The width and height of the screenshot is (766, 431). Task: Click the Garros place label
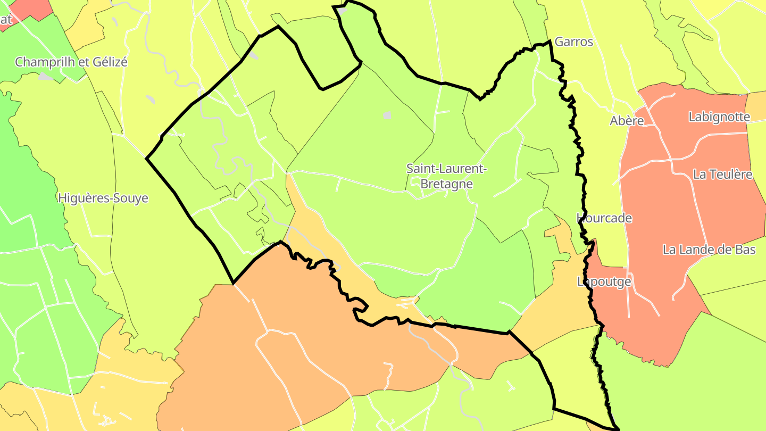pyautogui.click(x=573, y=42)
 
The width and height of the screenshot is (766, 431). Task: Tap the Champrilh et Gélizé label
pyautogui.click(x=71, y=62)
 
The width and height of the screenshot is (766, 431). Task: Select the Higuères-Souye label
pyautogui.click(x=103, y=198)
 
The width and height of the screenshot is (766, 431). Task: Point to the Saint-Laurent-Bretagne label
pyautogui.click(x=447, y=176)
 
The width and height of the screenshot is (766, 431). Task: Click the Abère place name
pyautogui.click(x=627, y=121)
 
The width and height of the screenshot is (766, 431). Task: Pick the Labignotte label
pyautogui.click(x=719, y=117)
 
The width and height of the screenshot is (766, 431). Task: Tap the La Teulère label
pyautogui.click(x=722, y=175)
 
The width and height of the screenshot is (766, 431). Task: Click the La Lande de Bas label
pyautogui.click(x=709, y=250)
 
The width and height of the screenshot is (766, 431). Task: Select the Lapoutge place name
pyautogui.click(x=604, y=281)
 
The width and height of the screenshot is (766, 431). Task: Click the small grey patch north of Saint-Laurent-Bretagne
pyautogui.click(x=387, y=115)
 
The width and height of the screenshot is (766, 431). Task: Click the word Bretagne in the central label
pyautogui.click(x=447, y=184)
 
